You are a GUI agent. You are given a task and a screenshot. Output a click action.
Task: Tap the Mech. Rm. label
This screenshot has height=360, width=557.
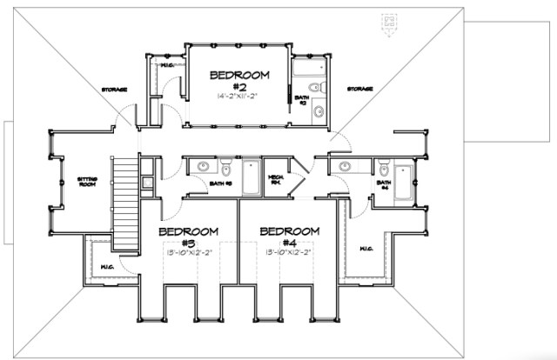point(278,177)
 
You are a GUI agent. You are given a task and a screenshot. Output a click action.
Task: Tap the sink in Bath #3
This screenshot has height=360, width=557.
point(201,165)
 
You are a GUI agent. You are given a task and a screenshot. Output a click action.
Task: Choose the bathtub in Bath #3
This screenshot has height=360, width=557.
point(250,177)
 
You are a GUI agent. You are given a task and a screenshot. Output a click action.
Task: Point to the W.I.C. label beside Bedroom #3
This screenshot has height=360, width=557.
point(108,266)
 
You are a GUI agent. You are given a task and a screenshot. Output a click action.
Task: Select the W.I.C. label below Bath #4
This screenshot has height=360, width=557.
point(366,248)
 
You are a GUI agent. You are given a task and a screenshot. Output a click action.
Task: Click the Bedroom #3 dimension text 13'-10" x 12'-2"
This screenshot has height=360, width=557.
point(186,252)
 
